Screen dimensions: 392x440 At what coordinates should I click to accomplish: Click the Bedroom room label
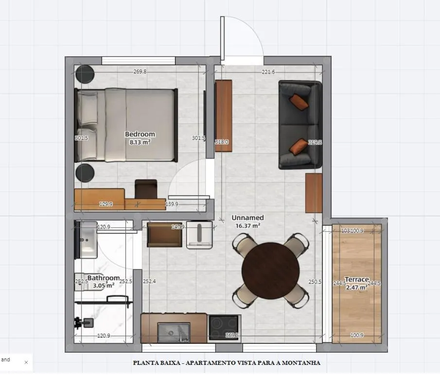[x=140, y=134]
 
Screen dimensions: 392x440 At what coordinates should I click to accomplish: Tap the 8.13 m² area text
[x=140, y=142]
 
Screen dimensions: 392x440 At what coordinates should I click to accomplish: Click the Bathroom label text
[x=104, y=278]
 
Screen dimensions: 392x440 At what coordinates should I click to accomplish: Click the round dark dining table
[x=270, y=271]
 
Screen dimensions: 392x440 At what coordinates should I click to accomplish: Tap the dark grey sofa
[x=300, y=124]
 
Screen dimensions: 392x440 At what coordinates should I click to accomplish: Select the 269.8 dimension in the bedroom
[x=140, y=72]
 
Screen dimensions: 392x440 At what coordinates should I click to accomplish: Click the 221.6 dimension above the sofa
[x=268, y=72]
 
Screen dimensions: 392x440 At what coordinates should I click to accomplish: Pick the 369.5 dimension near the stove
[x=232, y=335]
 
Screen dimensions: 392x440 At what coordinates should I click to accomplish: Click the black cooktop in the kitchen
[x=224, y=327]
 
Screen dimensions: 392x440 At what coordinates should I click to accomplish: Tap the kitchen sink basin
[x=173, y=332]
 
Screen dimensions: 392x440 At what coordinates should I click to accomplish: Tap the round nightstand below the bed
[x=85, y=173]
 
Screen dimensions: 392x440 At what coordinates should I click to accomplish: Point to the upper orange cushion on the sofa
[x=299, y=102]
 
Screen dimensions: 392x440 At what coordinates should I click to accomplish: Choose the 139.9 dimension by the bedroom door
[x=172, y=205]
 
